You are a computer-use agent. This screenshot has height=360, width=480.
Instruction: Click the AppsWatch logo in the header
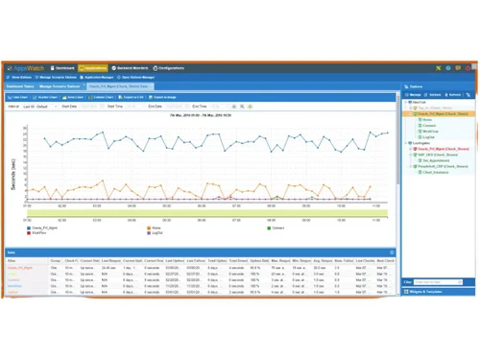pos(28,68)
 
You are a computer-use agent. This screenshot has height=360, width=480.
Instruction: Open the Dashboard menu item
pos(63,68)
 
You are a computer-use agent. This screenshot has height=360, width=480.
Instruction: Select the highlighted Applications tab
pos(94,68)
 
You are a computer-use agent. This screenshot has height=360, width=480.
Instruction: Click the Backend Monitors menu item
pos(132,68)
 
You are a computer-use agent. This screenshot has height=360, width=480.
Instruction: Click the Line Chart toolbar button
pos(18,97)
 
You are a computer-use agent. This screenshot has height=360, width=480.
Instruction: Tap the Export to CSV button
pos(132,97)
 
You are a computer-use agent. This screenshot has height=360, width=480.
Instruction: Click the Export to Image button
pos(162,97)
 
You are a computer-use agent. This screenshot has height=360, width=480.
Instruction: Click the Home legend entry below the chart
pos(156,228)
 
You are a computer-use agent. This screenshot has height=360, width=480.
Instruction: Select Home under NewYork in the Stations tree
pos(426,119)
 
